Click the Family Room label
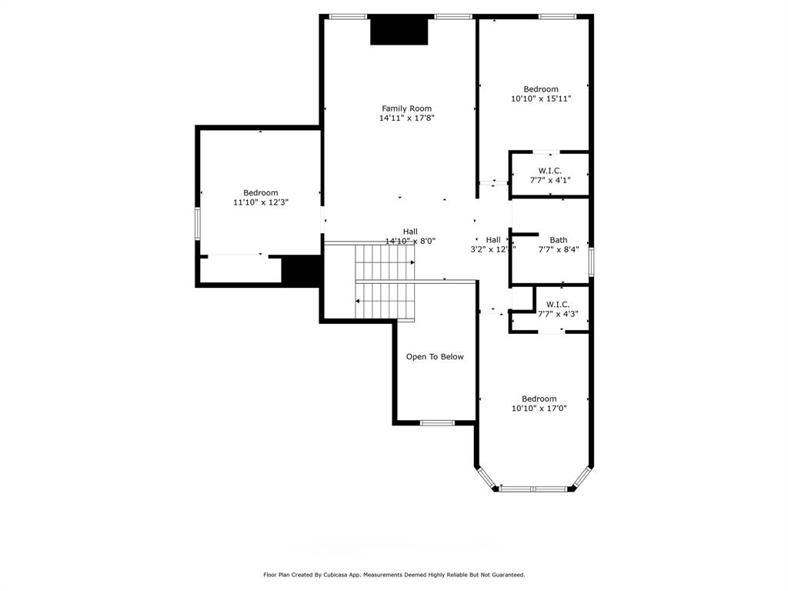(406, 109)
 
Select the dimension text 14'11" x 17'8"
(406, 119)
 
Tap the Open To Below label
(435, 356)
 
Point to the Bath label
(558, 240)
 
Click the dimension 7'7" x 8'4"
(558, 249)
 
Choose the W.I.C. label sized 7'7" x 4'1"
(549, 170)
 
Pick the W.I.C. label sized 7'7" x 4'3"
(558, 304)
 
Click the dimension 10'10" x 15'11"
(541, 98)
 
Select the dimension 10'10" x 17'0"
(539, 409)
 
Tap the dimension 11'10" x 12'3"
(261, 202)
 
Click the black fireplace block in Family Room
(399, 31)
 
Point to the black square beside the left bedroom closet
(301, 271)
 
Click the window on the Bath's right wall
(591, 261)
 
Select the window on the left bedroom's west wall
(198, 223)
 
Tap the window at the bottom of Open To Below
(436, 422)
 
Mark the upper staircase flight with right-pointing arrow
(385, 263)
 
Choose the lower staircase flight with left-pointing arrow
(385, 301)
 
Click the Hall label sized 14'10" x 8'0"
(410, 231)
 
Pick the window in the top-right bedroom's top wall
(556, 16)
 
